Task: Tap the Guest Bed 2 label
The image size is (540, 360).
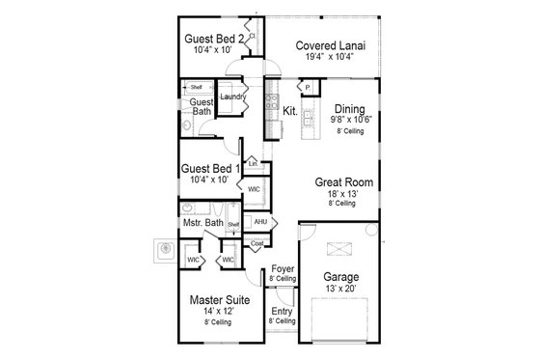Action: click(x=212, y=39)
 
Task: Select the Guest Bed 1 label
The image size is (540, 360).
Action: click(x=210, y=169)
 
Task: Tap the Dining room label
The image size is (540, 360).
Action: click(x=350, y=109)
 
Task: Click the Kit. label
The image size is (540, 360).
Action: click(x=289, y=111)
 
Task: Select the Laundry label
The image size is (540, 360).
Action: click(x=231, y=97)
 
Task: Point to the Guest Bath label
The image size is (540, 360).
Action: click(x=202, y=106)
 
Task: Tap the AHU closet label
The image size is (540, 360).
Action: click(x=260, y=222)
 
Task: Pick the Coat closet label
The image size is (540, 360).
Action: click(x=256, y=244)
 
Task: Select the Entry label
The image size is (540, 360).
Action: click(x=282, y=311)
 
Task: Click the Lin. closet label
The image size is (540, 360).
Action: click(x=253, y=164)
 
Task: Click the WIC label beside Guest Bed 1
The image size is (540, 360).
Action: click(x=254, y=189)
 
